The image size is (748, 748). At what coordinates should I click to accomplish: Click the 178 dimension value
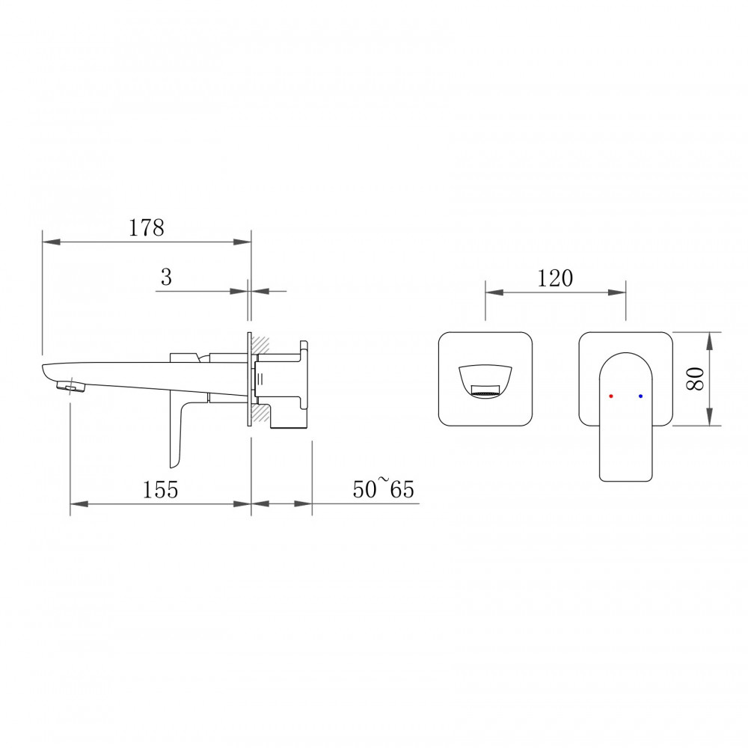click(x=147, y=227)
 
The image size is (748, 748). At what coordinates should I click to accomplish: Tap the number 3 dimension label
click(x=166, y=278)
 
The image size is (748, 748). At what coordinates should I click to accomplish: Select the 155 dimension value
click(x=160, y=490)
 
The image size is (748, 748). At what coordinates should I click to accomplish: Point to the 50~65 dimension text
click(x=384, y=488)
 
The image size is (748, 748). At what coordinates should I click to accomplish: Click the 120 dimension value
click(x=555, y=278)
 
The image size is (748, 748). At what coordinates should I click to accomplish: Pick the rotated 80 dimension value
click(x=696, y=378)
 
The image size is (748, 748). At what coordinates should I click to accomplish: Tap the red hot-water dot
click(x=610, y=396)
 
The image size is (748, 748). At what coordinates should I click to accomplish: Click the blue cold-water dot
click(x=640, y=396)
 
